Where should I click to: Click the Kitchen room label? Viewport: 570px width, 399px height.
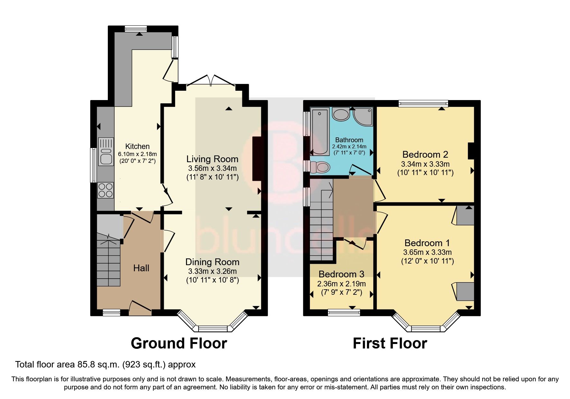[137, 146]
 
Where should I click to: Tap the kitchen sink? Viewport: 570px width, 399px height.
[106, 152]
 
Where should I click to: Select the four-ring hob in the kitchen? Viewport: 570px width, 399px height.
[106, 190]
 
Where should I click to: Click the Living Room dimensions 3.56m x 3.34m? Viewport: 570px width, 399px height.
[212, 168]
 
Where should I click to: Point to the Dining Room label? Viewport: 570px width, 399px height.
[212, 262]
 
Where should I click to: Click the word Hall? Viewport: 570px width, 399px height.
[141, 268]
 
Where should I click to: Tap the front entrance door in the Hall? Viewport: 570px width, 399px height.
[140, 307]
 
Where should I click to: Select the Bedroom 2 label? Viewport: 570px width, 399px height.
[425, 154]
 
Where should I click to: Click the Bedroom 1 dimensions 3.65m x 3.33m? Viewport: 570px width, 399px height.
[427, 252]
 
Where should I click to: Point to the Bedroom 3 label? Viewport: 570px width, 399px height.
[341, 274]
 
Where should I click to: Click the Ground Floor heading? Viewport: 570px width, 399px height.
[179, 343]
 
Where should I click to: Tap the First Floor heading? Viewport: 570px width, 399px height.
[390, 343]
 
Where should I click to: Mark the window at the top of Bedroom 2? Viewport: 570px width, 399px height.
[423, 103]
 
